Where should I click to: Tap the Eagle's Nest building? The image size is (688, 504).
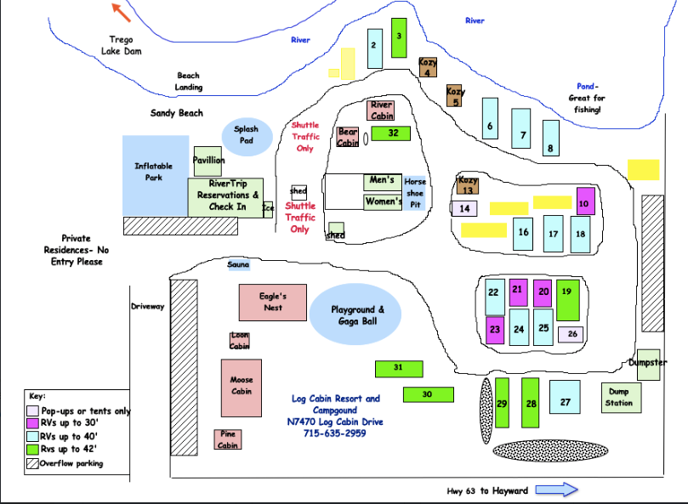272,302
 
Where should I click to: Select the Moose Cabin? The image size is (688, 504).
241,388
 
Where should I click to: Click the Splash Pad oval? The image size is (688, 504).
247,136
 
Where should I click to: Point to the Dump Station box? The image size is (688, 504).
619,398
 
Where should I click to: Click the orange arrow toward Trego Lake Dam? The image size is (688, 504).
122,12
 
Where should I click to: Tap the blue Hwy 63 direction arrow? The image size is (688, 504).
557,490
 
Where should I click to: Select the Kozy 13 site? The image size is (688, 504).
468,184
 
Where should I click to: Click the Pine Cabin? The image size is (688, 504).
227,439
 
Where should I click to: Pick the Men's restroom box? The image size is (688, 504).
382,181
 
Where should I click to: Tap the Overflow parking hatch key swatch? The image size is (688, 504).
33,464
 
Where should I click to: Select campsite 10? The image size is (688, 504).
585,200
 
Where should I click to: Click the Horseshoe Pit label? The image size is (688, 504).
415,192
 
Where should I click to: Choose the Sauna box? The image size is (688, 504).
239,265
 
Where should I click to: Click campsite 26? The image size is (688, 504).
571,334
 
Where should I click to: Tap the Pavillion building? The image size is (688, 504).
208,161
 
